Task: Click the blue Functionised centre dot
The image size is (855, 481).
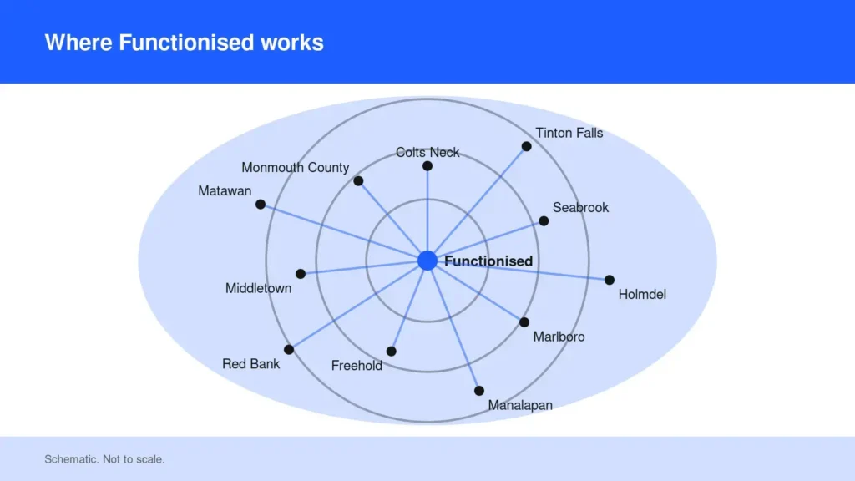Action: point(427,261)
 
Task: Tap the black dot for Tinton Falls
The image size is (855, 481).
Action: point(526,146)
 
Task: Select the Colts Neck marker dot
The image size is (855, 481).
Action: point(427,166)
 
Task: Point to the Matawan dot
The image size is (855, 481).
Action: point(261,205)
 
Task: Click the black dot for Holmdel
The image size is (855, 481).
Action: point(610,280)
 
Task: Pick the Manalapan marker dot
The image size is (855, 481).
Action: point(479,391)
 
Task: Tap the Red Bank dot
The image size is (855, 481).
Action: point(289,350)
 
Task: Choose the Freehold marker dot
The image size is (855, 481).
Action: point(392,352)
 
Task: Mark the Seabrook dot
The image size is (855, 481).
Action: point(544,220)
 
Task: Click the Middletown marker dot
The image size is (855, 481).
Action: point(301,274)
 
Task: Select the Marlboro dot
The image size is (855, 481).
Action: point(524,322)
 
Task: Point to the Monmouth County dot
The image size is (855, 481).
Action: point(358,181)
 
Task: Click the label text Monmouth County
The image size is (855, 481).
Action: point(296,167)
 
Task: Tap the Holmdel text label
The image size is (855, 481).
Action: point(642,295)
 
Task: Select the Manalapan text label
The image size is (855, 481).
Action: point(520,405)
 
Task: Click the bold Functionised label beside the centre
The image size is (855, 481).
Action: point(488,261)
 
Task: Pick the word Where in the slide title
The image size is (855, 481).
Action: point(78,43)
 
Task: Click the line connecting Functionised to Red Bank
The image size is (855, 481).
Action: point(358,306)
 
